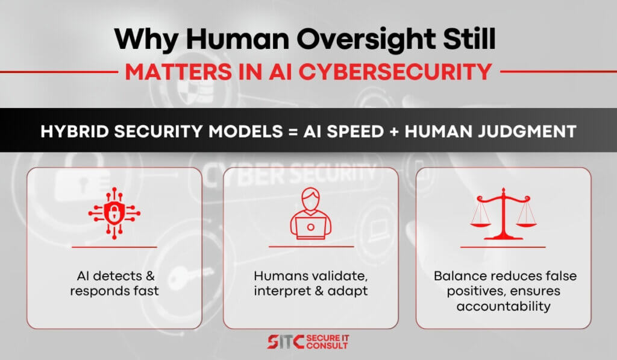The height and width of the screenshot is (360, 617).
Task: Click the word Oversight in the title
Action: tap(366, 40)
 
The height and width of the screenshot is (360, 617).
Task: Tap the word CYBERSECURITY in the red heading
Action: tap(395, 72)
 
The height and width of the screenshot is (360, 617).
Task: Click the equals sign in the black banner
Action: tap(293, 131)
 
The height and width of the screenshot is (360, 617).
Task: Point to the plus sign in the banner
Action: tap(394, 132)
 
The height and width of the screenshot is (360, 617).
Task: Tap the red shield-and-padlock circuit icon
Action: tap(114, 213)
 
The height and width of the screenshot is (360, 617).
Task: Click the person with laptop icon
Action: tap(310, 213)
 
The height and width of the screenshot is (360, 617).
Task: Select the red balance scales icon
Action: tap(503, 213)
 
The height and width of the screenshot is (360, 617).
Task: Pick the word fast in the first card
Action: tap(146, 291)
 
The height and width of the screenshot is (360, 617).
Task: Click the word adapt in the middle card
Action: tap(348, 291)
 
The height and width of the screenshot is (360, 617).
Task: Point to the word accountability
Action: tap(503, 306)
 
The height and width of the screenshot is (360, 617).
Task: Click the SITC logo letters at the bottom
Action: tap(286, 341)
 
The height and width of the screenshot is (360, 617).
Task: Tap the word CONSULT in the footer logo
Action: tap(327, 346)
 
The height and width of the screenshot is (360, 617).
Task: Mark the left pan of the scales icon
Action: tap(480, 224)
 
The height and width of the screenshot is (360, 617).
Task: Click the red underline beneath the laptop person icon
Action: tap(311, 247)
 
